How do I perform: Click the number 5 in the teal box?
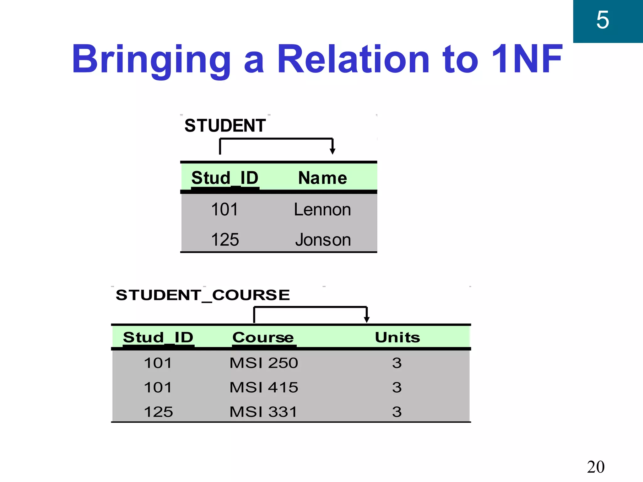click(602, 20)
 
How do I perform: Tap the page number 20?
click(596, 467)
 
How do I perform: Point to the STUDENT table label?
click(225, 126)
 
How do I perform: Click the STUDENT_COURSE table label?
click(203, 295)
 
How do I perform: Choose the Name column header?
click(322, 178)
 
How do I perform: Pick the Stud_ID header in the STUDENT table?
click(225, 178)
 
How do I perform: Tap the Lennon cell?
click(322, 209)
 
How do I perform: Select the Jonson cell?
click(323, 240)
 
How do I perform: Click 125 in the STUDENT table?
click(225, 240)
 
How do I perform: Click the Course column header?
click(263, 337)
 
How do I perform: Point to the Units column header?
click(397, 337)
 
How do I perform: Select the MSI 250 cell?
click(264, 363)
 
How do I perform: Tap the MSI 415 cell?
click(264, 388)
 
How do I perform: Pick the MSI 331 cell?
click(263, 412)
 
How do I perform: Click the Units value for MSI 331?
click(397, 412)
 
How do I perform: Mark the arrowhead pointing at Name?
click(332, 152)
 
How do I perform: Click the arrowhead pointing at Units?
click(366, 320)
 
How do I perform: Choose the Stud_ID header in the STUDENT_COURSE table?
click(158, 337)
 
